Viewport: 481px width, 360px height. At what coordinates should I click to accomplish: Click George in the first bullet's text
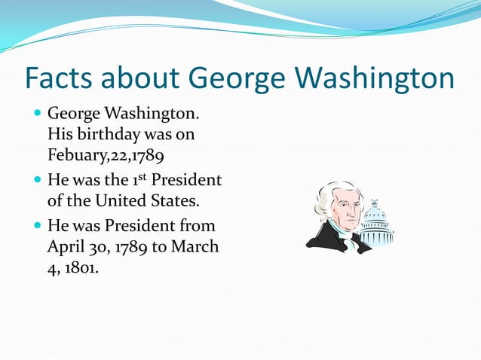click(x=74, y=115)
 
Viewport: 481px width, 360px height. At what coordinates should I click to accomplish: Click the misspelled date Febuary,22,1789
click(x=106, y=157)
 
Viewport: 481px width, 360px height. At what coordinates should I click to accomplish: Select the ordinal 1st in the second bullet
click(x=136, y=180)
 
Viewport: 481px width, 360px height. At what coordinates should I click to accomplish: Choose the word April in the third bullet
click(x=66, y=246)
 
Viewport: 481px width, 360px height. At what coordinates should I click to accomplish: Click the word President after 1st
click(x=186, y=181)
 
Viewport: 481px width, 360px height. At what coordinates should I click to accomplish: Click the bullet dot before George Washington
click(x=38, y=116)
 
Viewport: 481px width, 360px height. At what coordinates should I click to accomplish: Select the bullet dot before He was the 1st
click(x=38, y=182)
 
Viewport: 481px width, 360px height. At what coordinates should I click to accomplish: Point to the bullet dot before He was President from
click(x=38, y=226)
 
